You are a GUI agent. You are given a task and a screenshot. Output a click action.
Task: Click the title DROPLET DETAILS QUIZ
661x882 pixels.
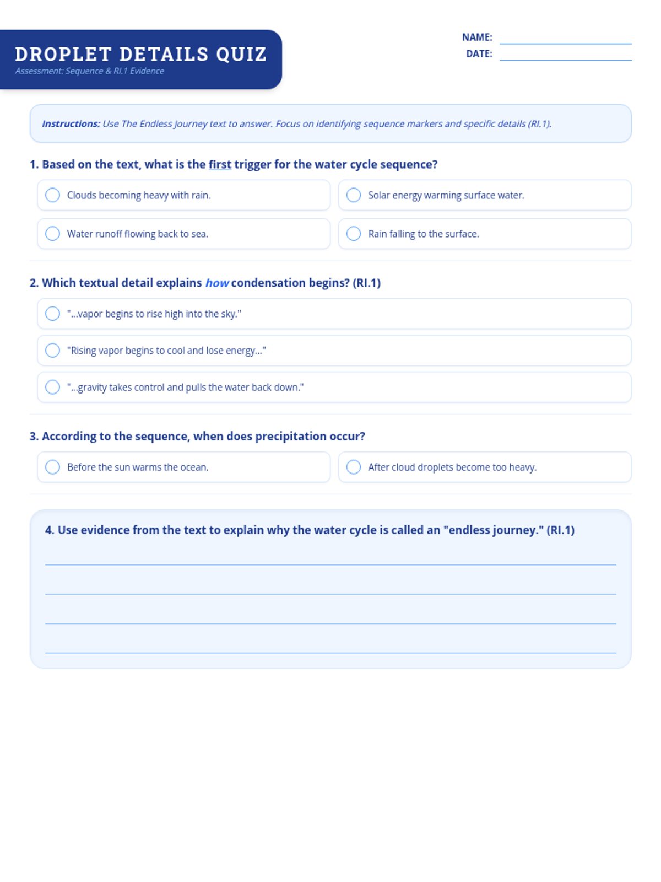140,54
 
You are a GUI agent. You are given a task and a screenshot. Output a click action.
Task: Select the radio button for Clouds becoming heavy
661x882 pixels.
52,195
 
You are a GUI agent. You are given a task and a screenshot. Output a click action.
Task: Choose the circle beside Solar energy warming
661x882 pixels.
354,195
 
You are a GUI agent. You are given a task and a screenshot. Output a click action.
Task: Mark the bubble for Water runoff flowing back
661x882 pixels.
52,234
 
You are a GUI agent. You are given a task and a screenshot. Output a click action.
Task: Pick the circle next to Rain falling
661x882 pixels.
354,234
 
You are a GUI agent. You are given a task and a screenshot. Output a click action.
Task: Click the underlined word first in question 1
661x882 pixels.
220,164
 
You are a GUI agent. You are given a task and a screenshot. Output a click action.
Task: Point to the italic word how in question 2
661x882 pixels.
217,283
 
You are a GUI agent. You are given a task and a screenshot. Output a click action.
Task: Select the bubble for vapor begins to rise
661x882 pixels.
52,314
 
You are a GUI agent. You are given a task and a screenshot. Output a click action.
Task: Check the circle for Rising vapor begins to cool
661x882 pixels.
52,351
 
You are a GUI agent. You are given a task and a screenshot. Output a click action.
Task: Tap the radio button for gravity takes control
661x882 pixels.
52,388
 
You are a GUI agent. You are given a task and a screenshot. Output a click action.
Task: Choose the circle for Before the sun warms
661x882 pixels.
52,467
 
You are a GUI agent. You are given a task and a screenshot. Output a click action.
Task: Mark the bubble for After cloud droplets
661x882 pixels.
354,467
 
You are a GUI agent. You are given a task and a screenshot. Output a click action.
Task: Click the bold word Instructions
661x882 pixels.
71,124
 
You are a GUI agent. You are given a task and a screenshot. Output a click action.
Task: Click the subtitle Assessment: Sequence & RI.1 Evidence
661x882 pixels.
89,71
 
